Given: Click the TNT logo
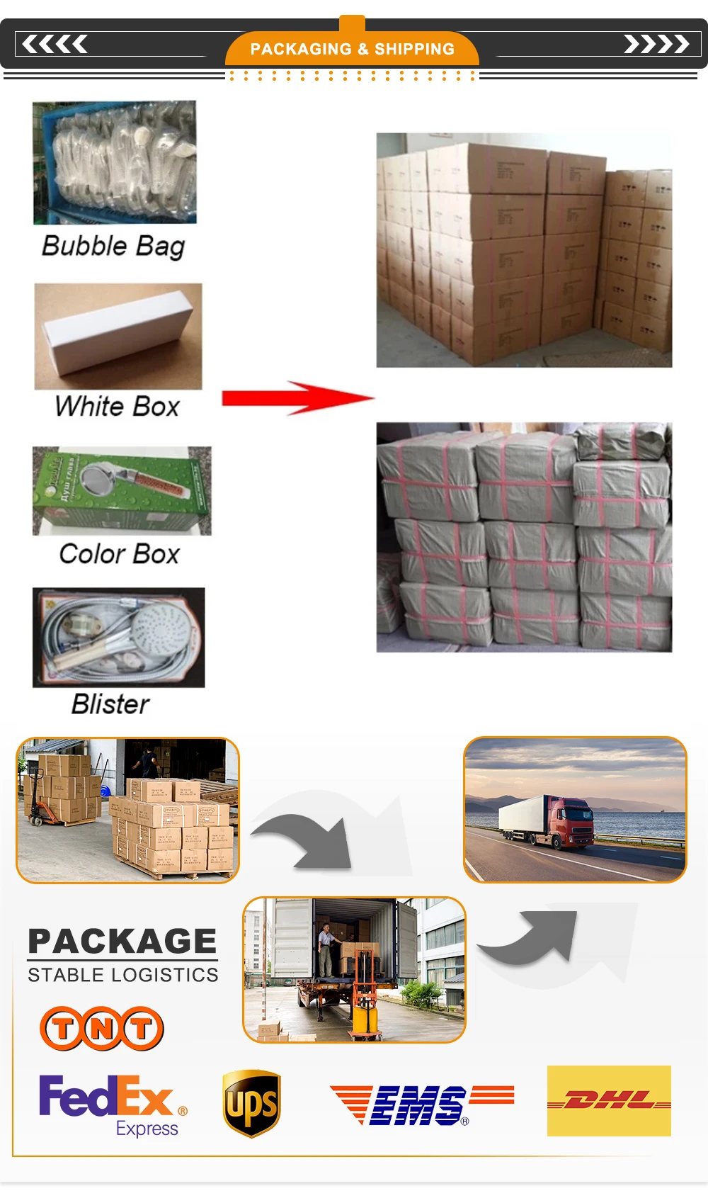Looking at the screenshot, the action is click(102, 1028).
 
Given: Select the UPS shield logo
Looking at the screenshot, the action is click(251, 1103).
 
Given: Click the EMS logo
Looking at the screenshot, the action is click(421, 1104).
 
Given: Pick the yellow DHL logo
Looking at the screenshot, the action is click(609, 1101).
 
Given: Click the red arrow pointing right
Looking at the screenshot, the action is click(297, 398).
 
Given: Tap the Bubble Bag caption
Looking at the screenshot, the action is click(113, 246).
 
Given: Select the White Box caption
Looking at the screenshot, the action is click(118, 407).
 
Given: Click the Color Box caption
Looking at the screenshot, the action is click(120, 554).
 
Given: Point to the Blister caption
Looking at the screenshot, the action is click(110, 704).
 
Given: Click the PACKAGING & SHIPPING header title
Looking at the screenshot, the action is click(352, 49).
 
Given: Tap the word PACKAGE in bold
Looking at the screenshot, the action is click(122, 942).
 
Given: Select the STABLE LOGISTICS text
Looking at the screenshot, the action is click(123, 975).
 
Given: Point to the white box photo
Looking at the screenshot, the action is click(118, 336).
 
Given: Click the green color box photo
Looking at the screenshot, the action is click(122, 490).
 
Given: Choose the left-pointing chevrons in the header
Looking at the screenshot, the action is click(55, 45).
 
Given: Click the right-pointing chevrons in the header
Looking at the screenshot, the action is click(656, 45).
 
